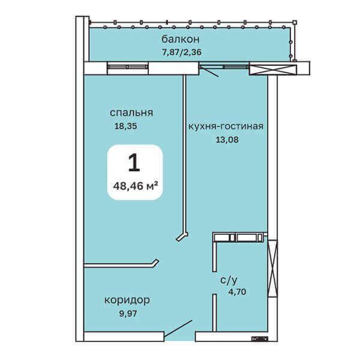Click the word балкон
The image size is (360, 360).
click(x=181, y=39)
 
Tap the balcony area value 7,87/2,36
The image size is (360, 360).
click(x=182, y=52)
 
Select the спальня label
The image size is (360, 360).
click(x=131, y=113)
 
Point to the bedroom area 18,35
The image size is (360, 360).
click(x=125, y=126)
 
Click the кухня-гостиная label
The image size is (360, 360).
click(x=226, y=126)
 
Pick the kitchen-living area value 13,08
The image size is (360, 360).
click(x=227, y=140)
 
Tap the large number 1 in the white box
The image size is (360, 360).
click(x=134, y=163)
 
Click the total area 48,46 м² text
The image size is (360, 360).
click(x=135, y=186)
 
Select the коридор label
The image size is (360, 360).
click(x=127, y=300)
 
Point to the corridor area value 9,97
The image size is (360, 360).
click(x=128, y=313)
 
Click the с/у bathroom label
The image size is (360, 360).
click(x=229, y=280)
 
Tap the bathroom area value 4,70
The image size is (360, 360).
click(x=237, y=292)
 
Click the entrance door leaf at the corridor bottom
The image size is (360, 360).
click(x=178, y=328)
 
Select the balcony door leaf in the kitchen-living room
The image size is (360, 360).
click(x=209, y=71)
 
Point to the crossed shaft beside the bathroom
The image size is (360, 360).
click(x=273, y=269)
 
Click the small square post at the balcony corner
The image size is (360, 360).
click(x=295, y=23)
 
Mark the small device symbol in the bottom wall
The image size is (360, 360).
click(x=260, y=338)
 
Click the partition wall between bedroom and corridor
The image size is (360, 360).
click(x=121, y=265)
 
